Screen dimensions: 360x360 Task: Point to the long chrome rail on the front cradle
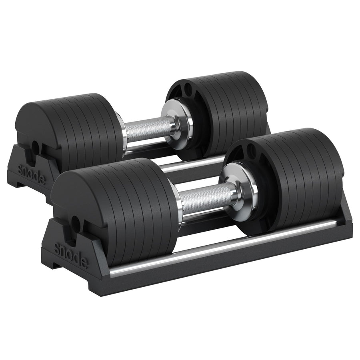click(224, 250)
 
